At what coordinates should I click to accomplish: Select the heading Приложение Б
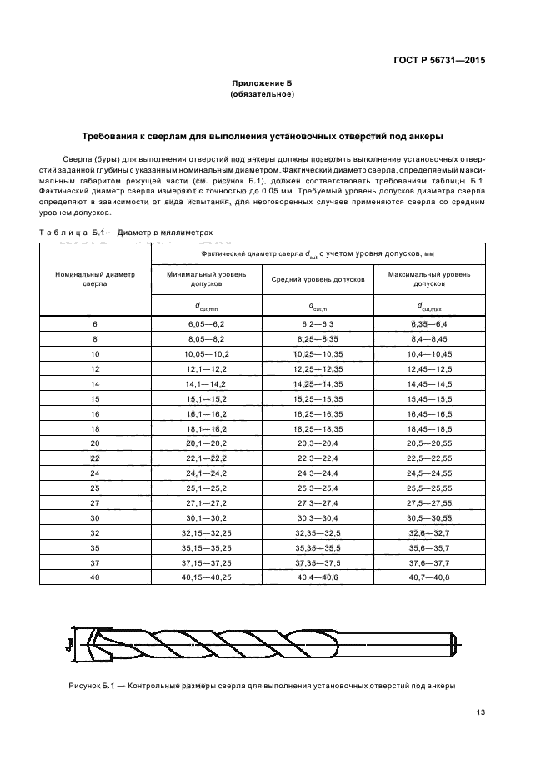point(262,84)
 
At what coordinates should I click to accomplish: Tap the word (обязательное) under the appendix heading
point(262,95)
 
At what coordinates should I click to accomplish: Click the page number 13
point(481,712)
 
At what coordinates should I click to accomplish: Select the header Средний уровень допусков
point(318,279)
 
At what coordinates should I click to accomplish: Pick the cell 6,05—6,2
point(206,323)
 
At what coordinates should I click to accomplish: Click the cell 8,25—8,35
point(318,339)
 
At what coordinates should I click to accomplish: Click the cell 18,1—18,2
point(206,428)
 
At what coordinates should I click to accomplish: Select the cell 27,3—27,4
point(318,503)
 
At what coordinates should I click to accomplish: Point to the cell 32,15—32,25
point(206,533)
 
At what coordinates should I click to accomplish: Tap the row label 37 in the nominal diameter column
point(94,563)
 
